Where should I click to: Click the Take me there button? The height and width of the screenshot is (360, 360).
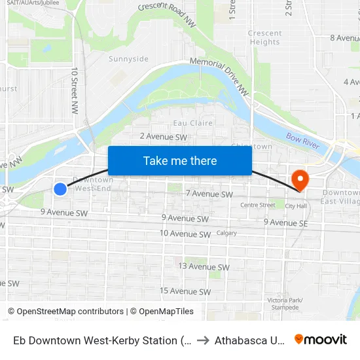click(180, 160)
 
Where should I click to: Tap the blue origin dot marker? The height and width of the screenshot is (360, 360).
click(60, 189)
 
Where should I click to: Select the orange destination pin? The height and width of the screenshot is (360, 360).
click(300, 179)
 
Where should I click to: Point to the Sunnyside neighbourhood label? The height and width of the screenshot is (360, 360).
click(128, 59)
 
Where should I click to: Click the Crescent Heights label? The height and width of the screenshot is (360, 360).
click(265, 38)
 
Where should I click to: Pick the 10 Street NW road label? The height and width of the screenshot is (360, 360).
click(75, 88)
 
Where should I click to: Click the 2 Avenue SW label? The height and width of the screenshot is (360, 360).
click(163, 137)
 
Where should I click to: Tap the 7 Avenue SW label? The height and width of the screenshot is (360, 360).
click(209, 194)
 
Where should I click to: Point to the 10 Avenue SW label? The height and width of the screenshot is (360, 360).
click(185, 234)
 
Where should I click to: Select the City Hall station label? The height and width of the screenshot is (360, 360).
click(296, 206)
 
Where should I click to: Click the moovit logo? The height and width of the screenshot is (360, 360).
click(320, 340)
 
